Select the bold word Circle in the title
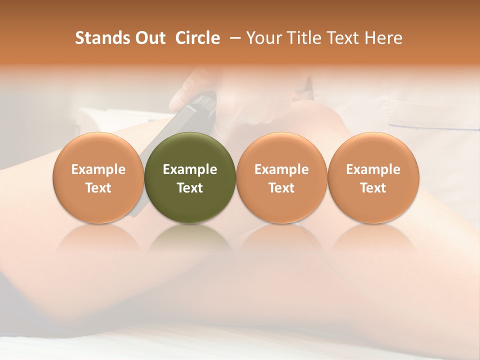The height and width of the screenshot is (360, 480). click(197, 38)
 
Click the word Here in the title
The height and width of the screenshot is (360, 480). click(383, 38)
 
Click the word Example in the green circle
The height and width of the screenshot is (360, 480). click(190, 169)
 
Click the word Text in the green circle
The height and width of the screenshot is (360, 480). click(190, 188)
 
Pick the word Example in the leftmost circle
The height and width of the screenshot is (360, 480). click(98, 169)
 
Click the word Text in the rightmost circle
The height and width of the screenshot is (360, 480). click(373, 188)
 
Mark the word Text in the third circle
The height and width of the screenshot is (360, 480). click(281, 188)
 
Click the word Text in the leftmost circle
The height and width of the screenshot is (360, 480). click(98, 188)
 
